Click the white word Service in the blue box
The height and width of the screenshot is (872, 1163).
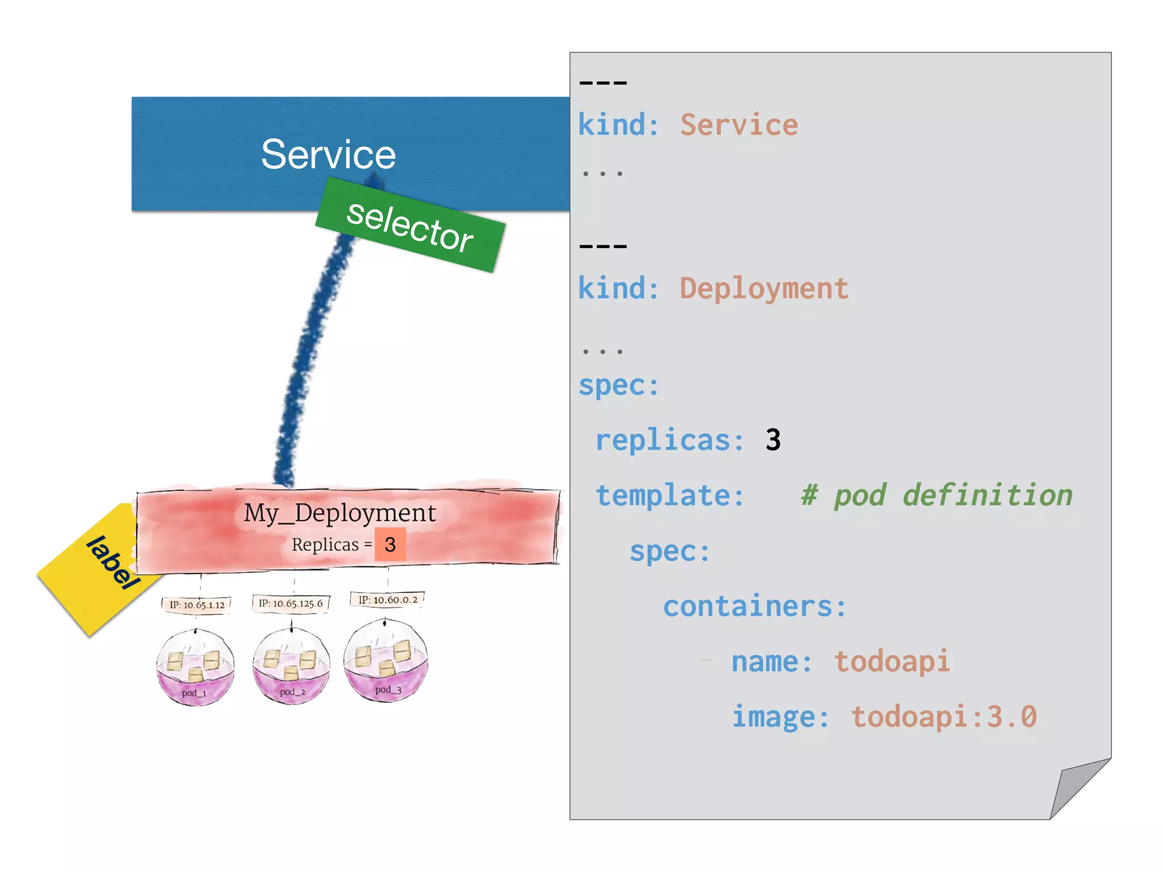point(328,154)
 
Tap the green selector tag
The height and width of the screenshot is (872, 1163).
point(410,225)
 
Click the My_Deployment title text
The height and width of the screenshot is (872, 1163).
point(340,513)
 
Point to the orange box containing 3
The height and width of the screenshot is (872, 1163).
point(390,544)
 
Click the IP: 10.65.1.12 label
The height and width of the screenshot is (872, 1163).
point(196,605)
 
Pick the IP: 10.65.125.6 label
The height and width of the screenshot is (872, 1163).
point(291,603)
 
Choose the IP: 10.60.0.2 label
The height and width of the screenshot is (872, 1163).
point(388,599)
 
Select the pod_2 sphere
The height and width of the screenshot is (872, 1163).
point(291,666)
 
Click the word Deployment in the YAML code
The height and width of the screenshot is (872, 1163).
point(764,288)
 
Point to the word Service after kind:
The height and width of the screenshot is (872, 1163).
point(739,125)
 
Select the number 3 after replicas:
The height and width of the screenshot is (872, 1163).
point(773,440)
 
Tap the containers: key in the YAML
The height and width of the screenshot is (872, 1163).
point(754,606)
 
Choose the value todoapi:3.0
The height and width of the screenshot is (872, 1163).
point(944,716)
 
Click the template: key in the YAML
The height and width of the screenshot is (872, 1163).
point(670,496)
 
